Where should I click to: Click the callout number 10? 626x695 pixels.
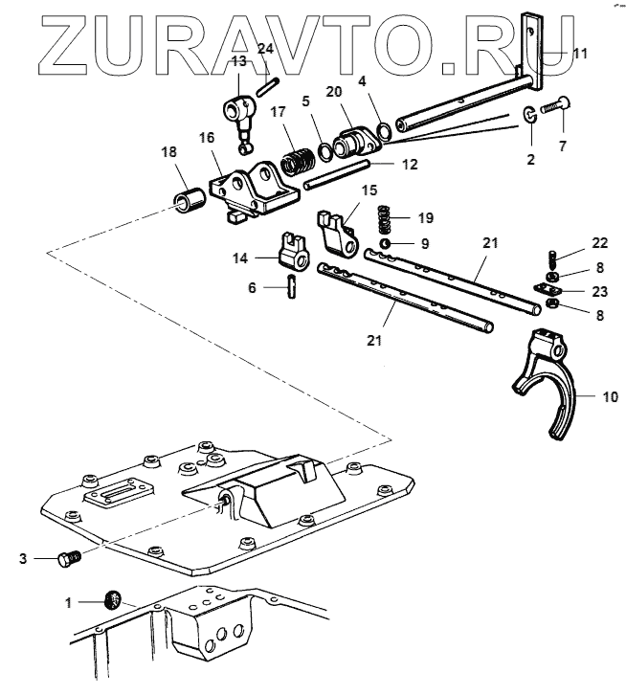(583, 394)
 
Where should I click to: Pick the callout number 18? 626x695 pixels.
(169, 153)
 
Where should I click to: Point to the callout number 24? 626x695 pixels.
(265, 48)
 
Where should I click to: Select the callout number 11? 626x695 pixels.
(580, 54)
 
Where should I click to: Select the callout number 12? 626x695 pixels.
(409, 165)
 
